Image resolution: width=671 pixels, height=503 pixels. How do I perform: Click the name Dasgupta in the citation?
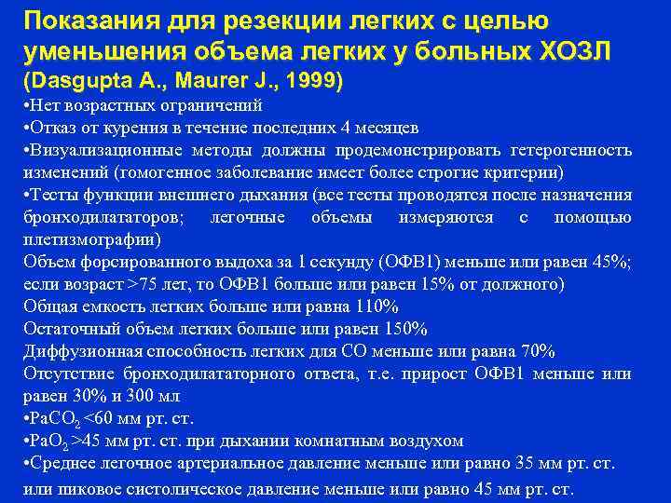click(x=76, y=81)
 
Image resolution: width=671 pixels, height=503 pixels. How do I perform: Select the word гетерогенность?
click(x=576, y=150)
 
